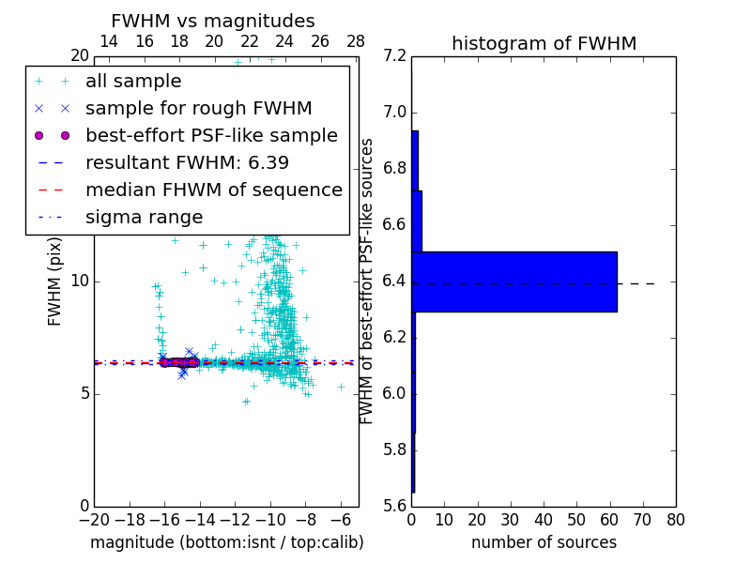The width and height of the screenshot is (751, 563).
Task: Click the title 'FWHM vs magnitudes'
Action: [x=212, y=22]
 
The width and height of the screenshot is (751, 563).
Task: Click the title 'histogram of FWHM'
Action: [x=544, y=43]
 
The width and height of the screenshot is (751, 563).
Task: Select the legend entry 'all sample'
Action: [x=133, y=82]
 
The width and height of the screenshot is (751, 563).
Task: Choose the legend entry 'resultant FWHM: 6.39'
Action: [x=187, y=162]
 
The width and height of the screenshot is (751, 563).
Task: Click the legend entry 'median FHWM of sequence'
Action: [x=213, y=190]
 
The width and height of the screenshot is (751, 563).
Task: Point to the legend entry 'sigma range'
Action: [x=144, y=217]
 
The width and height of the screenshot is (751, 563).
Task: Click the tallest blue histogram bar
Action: [x=514, y=281]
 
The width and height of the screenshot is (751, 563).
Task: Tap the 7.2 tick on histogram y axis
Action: [x=394, y=56]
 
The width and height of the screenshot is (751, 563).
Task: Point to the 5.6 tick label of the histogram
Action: [x=394, y=505]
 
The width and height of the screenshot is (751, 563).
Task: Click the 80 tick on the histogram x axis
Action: [x=675, y=520]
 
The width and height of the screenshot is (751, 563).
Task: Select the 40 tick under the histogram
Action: [x=544, y=520]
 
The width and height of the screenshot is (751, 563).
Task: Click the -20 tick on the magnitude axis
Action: [x=94, y=520]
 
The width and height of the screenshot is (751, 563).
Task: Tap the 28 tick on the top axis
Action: [x=356, y=41]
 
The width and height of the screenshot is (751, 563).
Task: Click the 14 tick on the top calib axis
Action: [x=108, y=41]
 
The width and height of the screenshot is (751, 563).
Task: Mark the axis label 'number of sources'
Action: [x=544, y=542]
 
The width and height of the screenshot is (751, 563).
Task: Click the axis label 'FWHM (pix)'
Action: [x=55, y=280]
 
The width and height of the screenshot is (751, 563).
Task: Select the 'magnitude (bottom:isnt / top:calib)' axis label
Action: [x=226, y=542]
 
